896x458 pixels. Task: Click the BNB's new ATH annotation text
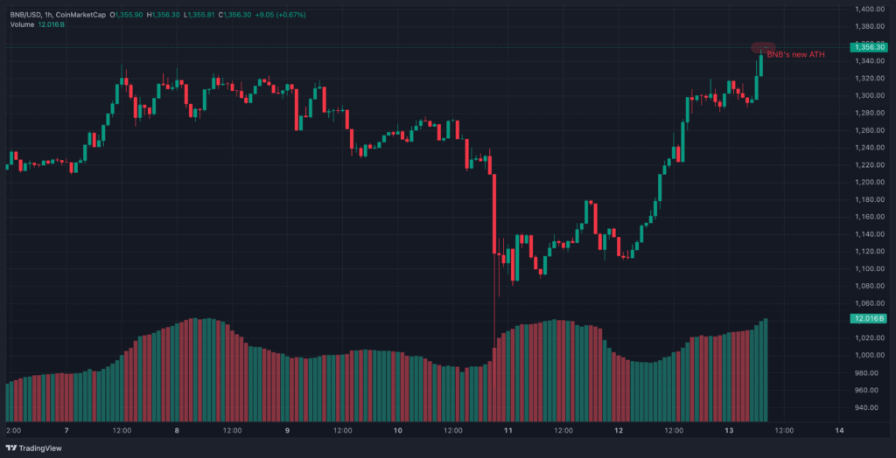coord(794,54)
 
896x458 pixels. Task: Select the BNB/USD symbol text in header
coord(27,13)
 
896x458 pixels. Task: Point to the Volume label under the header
coord(22,24)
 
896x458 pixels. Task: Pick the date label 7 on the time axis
coord(67,430)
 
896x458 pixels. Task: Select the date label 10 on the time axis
coord(398,430)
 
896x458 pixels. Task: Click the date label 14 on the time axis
coord(840,430)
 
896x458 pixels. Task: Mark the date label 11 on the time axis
coord(508,430)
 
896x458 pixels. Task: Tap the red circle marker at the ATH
coord(763,46)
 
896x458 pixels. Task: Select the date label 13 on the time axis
coord(730,430)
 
